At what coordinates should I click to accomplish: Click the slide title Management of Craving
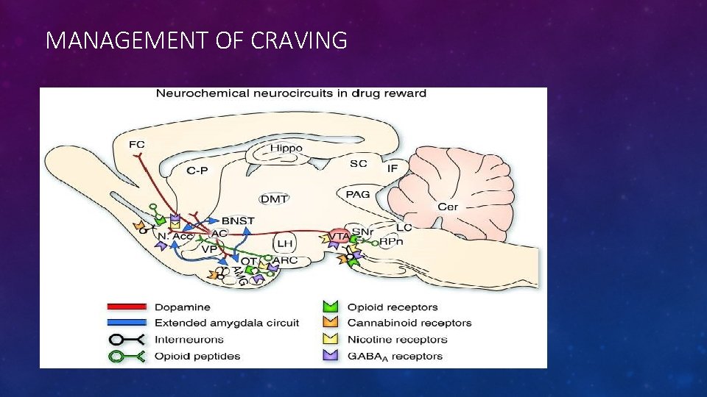[x=196, y=40]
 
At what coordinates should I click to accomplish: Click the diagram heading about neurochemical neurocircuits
[x=291, y=93]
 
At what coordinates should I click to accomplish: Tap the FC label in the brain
[x=136, y=144]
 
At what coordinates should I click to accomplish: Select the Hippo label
[x=286, y=148]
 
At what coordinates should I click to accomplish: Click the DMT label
[x=273, y=199]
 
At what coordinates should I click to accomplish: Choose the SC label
[x=358, y=163]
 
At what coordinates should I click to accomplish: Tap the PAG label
[x=357, y=194]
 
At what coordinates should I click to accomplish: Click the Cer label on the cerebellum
[x=448, y=207]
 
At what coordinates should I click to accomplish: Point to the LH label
[x=284, y=243]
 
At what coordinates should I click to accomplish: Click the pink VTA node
[x=340, y=235]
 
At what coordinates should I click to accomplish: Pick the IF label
[x=393, y=168]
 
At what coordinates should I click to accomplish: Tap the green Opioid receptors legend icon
[x=331, y=307]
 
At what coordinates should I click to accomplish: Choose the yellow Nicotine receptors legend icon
[x=331, y=340]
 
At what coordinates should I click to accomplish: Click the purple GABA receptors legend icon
[x=331, y=356]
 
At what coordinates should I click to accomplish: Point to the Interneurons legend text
[x=189, y=340]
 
